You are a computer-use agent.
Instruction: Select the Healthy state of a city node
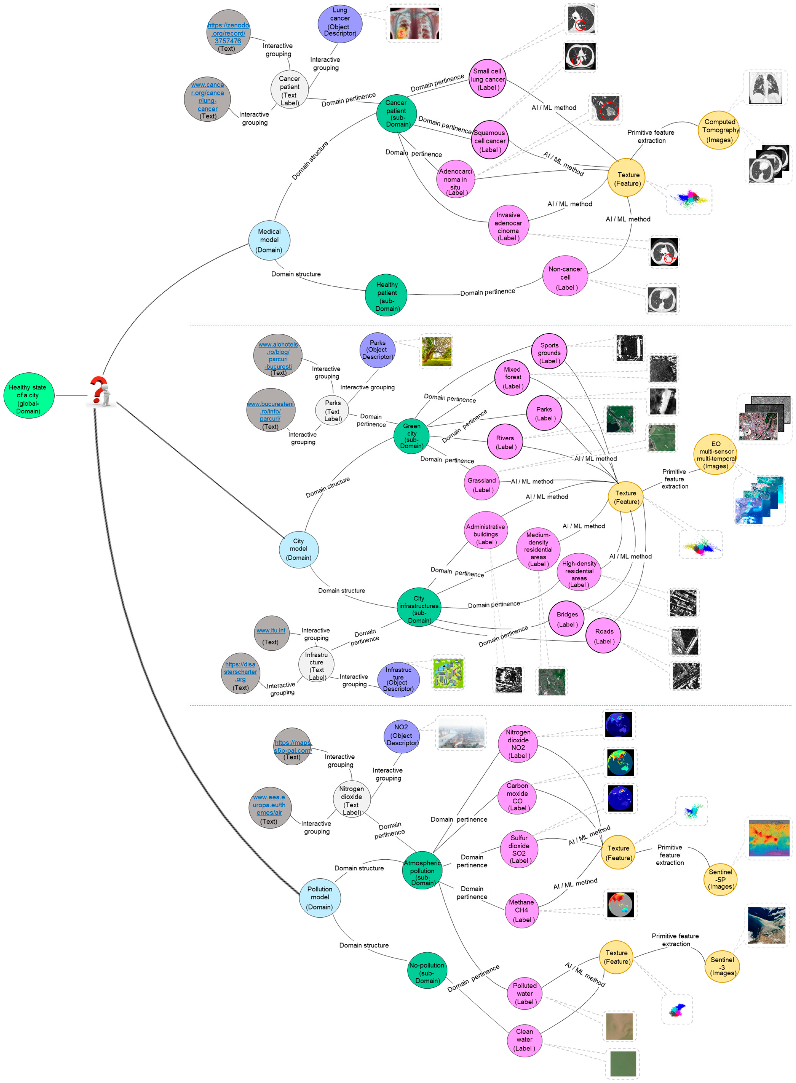(28, 395)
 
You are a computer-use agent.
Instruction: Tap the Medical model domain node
(269, 240)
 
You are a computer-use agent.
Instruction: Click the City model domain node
(299, 549)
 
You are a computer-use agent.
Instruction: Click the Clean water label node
(524, 1040)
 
